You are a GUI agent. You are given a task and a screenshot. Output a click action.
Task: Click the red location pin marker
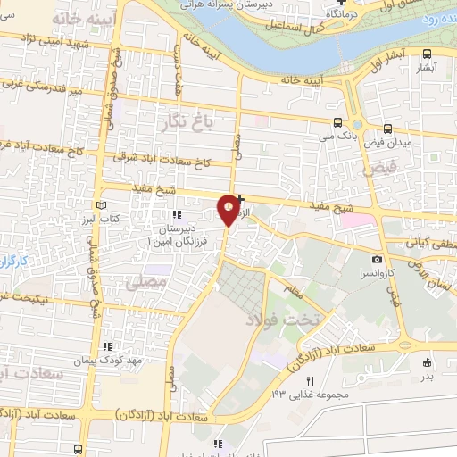(x=229, y=209)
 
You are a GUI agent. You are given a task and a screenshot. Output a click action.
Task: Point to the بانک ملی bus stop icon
(x=337, y=123)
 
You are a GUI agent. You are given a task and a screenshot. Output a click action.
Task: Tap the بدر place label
(x=427, y=376)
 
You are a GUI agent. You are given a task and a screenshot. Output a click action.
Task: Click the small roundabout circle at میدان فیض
(x=358, y=125)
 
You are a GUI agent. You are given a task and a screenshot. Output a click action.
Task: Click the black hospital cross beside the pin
(x=241, y=187)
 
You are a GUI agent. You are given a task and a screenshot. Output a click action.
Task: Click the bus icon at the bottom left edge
(x=79, y=449)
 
